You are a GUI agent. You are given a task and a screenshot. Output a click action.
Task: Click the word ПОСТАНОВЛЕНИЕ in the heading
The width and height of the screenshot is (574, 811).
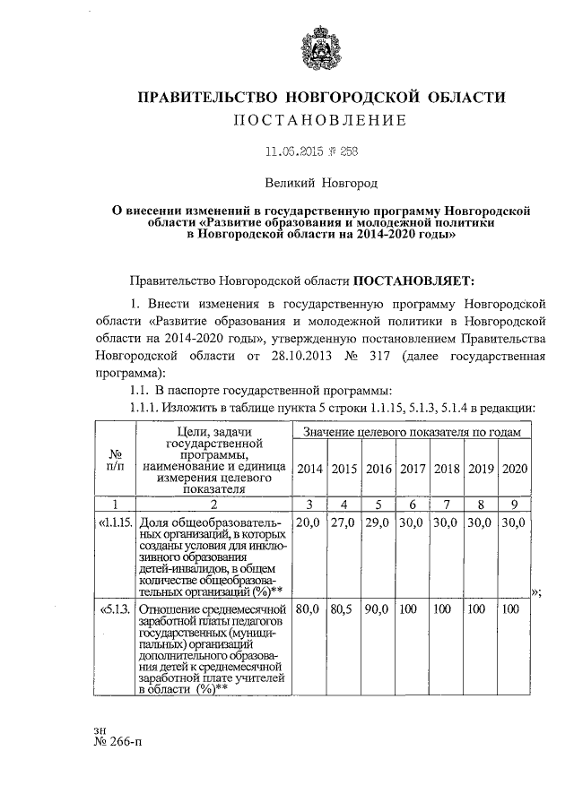pos(320,120)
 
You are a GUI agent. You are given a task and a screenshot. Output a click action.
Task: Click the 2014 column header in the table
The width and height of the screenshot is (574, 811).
pos(310,469)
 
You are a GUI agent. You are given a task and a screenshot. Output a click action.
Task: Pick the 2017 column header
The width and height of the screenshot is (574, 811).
pos(413,469)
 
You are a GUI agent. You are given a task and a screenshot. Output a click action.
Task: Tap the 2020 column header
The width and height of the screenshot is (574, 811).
pos(514,469)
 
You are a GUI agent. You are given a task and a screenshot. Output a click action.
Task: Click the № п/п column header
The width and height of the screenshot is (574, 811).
pos(115,462)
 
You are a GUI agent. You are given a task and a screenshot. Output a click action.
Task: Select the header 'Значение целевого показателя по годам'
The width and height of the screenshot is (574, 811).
pos(413,433)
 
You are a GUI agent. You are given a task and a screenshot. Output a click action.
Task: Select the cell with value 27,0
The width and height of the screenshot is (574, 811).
pos(344,522)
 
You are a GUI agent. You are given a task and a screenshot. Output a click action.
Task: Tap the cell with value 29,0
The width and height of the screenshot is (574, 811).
pos(378,522)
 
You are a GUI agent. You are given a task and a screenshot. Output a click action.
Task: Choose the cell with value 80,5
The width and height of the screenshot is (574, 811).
pos(344,609)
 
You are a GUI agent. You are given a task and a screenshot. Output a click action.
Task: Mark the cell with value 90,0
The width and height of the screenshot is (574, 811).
pos(378,609)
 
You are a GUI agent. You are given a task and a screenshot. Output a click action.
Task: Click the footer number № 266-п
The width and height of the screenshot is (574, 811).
pos(119,753)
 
